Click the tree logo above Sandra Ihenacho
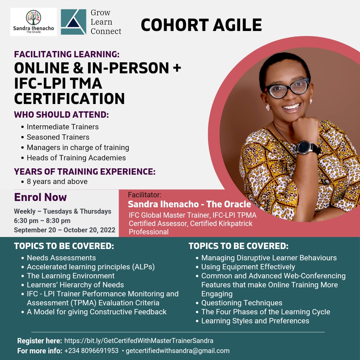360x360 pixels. (x=34, y=17)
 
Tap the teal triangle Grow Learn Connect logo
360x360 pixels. (x=73, y=22)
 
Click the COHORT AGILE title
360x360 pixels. (x=201, y=25)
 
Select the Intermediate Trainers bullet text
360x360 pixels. (x=63, y=127)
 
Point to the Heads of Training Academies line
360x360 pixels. (x=76, y=158)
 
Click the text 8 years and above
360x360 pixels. (x=57, y=181)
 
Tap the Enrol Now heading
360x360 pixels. (x=40, y=197)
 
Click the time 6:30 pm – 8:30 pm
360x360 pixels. (x=42, y=221)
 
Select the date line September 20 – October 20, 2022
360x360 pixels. (x=65, y=230)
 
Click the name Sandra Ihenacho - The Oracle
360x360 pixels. (x=189, y=204)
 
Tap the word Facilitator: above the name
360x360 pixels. (x=145, y=195)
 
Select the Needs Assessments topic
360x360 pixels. (x=61, y=258)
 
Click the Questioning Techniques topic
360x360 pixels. (x=242, y=303)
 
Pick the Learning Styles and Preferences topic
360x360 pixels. (x=255, y=321)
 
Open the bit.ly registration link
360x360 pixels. (x=139, y=341)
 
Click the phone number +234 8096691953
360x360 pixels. (x=91, y=351)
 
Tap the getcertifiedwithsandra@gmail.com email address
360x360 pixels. (x=178, y=351)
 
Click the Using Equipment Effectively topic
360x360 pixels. (x=248, y=267)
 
